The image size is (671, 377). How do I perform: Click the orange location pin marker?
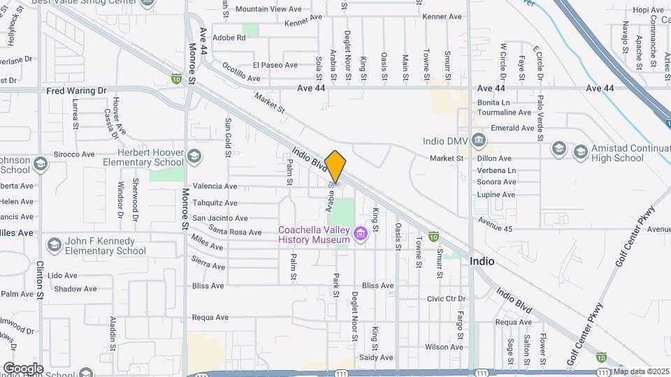tap(335, 166)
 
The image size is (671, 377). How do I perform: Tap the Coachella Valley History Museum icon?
tap(361, 233)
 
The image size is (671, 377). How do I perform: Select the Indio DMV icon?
tap(478, 140)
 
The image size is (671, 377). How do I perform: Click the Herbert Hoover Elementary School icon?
tap(194, 155)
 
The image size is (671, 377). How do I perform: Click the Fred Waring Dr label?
tap(76, 91)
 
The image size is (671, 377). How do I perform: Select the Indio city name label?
tap(482, 261)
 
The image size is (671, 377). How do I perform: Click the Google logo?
tap(23, 368)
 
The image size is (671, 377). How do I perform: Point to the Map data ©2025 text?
tap(641, 371)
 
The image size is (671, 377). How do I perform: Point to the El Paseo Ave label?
tap(275, 65)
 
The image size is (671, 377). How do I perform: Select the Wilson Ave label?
tap(445, 347)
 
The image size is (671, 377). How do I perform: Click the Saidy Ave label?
tap(377, 357)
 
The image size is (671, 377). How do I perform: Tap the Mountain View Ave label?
tap(268, 9)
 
